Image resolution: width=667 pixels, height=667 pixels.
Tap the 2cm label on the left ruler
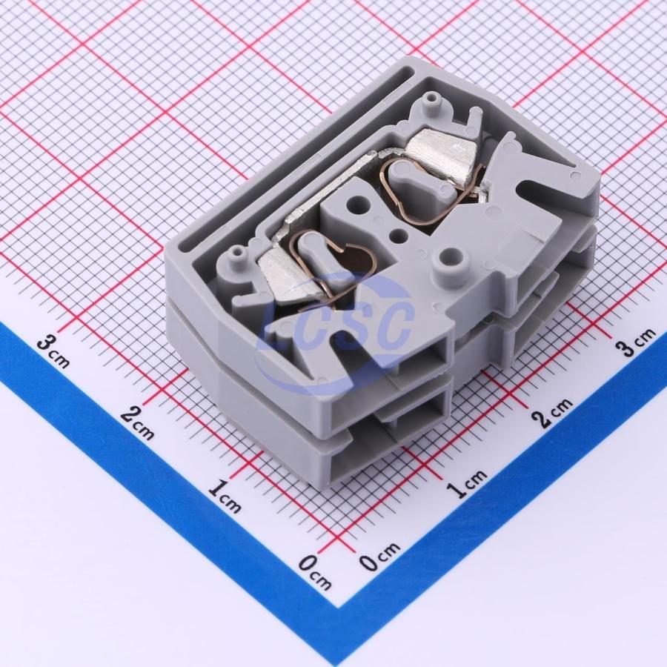137,422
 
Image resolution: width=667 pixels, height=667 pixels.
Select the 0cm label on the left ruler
315,573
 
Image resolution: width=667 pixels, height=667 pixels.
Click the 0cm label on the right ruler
380,556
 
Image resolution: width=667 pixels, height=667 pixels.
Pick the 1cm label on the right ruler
468,483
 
